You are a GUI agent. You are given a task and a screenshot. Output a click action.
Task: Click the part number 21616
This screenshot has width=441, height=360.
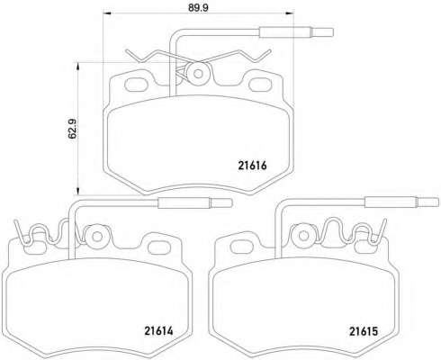coord(252,166)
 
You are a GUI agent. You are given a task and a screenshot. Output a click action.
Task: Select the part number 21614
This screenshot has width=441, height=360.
coord(158,330)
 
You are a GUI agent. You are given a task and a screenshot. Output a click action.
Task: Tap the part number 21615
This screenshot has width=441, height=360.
coord(364,331)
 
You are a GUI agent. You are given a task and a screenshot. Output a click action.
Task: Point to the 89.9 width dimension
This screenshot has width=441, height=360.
coord(198,8)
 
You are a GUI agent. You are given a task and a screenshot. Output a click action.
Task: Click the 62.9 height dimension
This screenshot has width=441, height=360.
coord(73,129)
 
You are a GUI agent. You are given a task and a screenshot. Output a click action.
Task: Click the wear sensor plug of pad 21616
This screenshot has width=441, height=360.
coord(296,32)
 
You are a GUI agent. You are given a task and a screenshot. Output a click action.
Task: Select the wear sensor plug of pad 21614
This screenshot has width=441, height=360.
coord(195,202)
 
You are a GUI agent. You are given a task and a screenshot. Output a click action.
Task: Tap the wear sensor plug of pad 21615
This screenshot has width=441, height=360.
coord(401,202)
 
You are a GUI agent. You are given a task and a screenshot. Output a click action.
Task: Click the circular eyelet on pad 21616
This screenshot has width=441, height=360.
coord(198,74)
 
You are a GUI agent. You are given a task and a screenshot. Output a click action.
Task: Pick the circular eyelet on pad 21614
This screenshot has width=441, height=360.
coord(96,237)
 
